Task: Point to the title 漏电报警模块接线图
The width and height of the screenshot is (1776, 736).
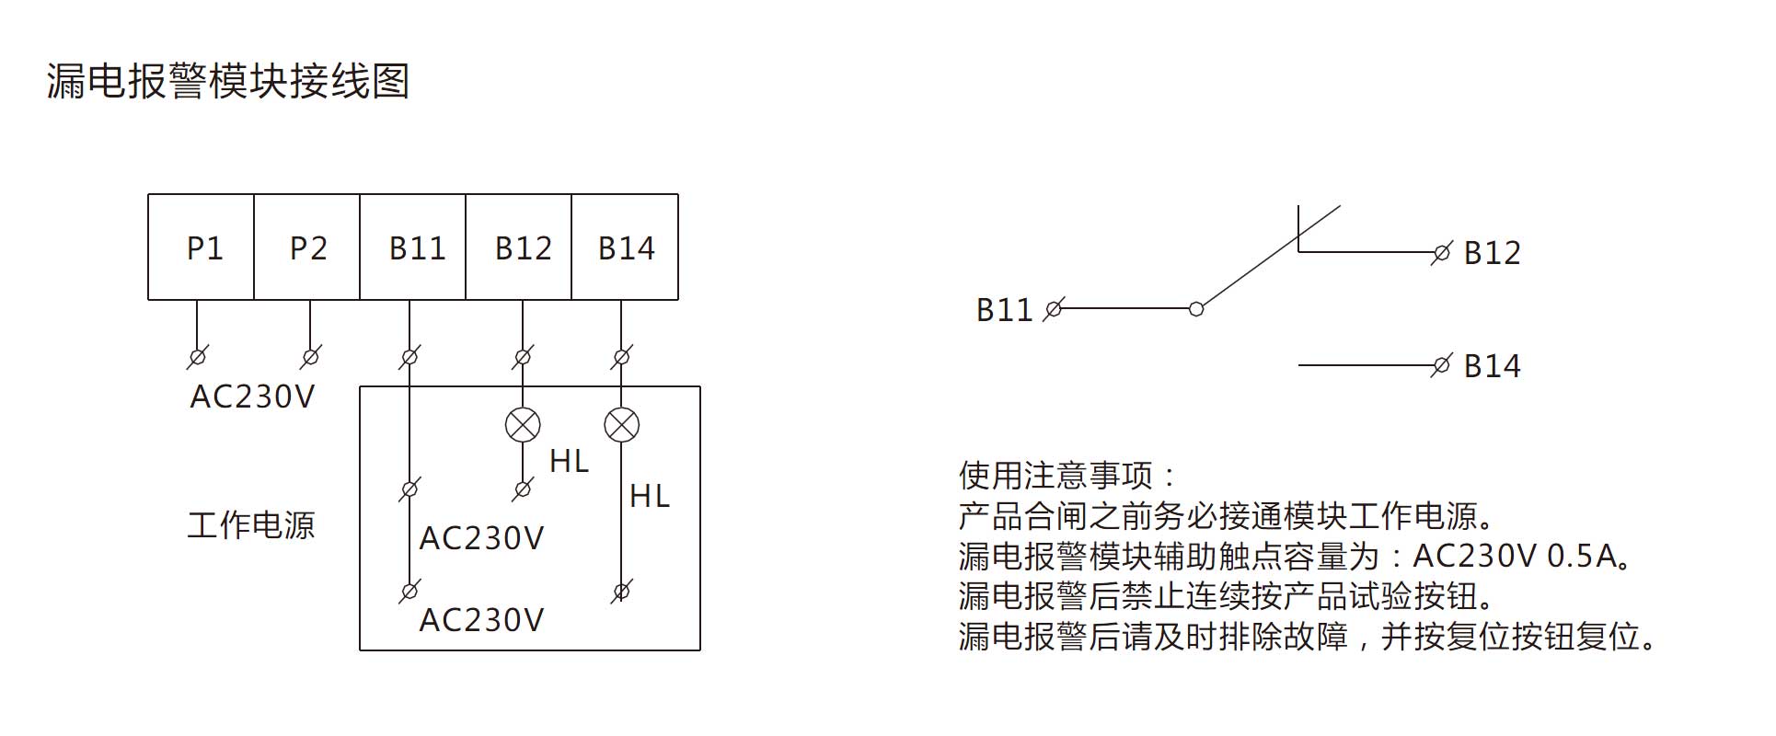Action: (x=228, y=81)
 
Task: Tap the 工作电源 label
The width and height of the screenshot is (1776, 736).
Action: (x=251, y=525)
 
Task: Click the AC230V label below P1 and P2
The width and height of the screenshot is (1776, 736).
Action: (x=252, y=397)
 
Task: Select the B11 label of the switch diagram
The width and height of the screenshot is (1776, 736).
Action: (x=1004, y=310)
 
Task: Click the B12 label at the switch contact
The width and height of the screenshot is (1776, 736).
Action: (x=1492, y=253)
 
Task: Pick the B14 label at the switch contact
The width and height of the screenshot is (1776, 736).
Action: (x=1492, y=366)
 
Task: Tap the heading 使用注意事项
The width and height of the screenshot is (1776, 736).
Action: (x=1067, y=476)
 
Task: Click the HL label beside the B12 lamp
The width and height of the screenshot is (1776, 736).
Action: (x=569, y=461)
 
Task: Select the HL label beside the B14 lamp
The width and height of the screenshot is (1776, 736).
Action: (x=650, y=497)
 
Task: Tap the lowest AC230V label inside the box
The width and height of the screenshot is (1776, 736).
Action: (x=481, y=620)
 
